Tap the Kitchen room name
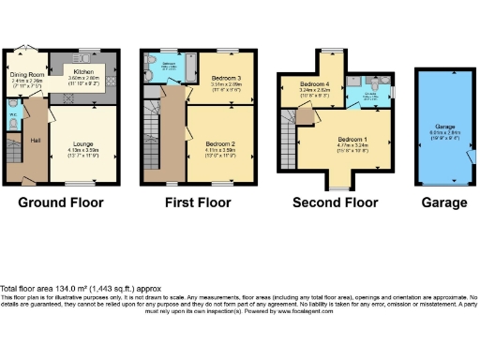click(82, 71)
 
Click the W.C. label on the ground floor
click(11, 116)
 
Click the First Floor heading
click(198, 202)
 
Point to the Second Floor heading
click(336, 202)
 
